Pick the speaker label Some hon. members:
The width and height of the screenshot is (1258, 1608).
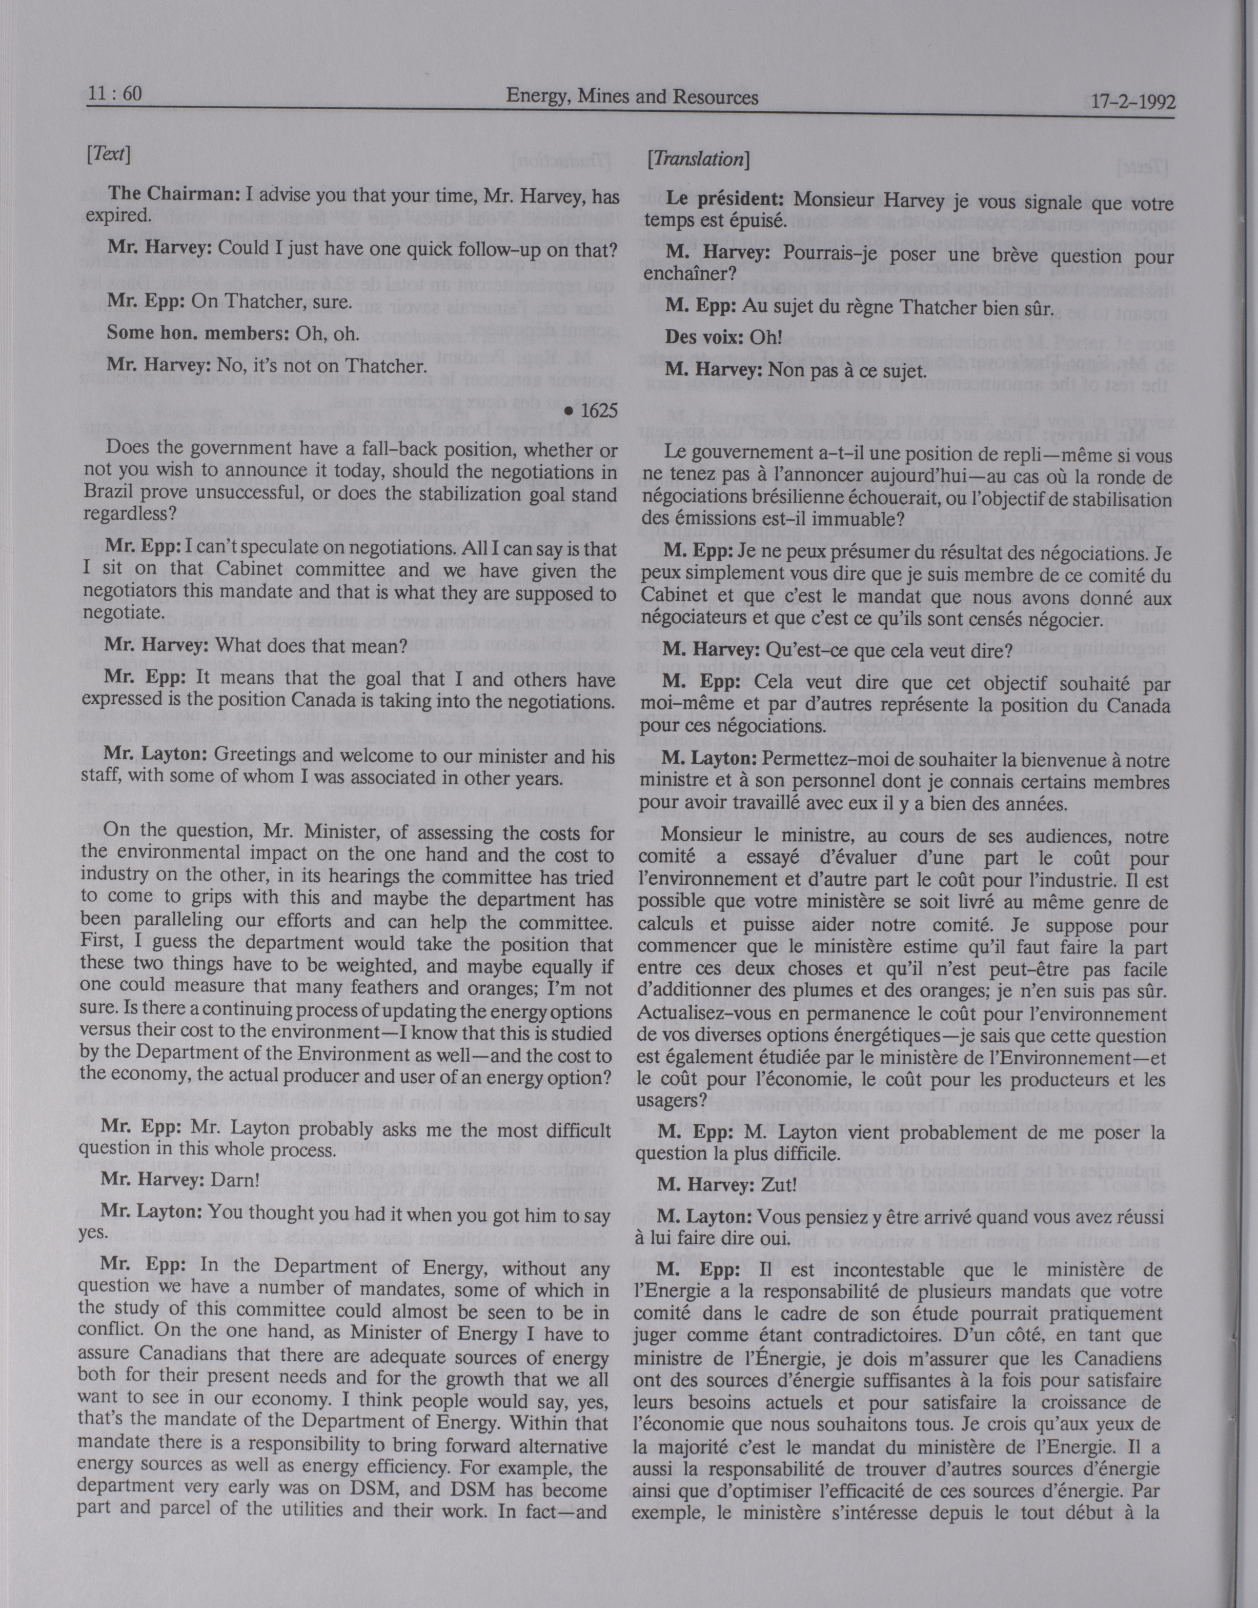click(x=197, y=332)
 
